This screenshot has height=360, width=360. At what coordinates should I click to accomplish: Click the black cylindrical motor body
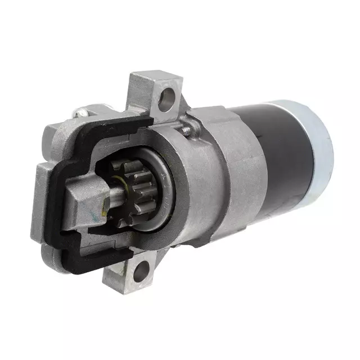(276, 157)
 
